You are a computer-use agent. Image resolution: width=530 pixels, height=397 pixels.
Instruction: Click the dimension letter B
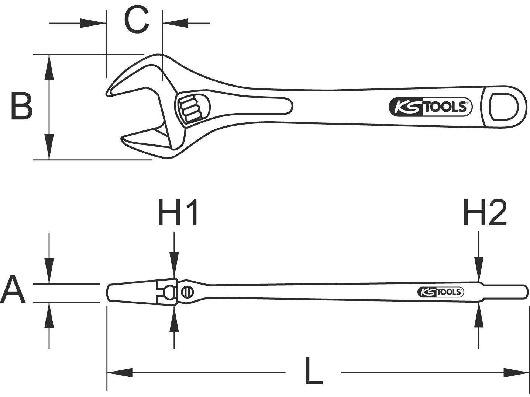[x=21, y=107]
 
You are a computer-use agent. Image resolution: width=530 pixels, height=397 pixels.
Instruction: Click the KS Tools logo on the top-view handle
[x=431, y=107]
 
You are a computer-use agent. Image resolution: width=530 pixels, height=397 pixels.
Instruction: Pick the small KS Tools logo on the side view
[x=441, y=292]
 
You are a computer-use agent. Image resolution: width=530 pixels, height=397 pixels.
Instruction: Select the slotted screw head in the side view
[x=187, y=292]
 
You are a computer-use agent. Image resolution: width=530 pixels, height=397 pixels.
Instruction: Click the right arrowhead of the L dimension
[x=517, y=372]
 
